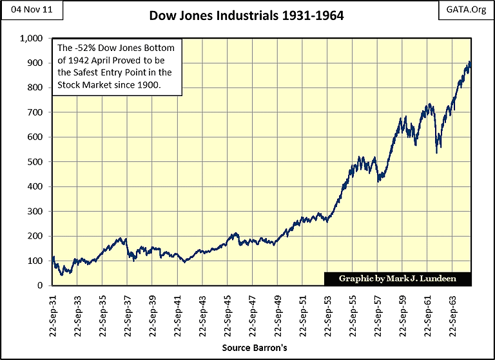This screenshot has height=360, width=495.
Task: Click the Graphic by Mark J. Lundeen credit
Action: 397,279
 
